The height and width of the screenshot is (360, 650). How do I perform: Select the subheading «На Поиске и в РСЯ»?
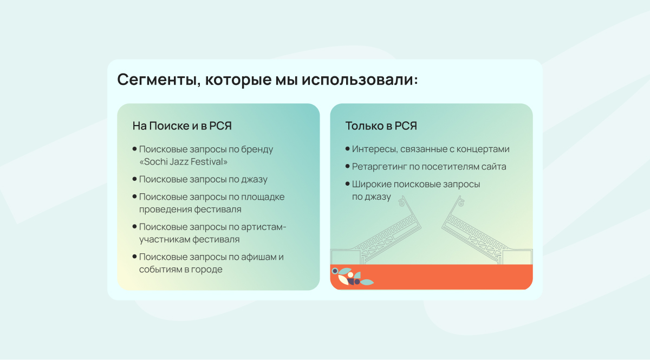click(x=182, y=126)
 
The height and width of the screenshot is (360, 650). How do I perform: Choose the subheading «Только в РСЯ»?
click(x=381, y=126)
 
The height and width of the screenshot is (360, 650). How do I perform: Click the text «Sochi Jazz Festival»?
click(x=184, y=161)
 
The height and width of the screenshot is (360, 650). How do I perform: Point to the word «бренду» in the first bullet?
click(x=257, y=149)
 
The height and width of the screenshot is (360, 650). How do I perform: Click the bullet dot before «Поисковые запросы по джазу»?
click(x=134, y=179)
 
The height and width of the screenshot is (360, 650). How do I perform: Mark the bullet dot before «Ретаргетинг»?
click(x=347, y=166)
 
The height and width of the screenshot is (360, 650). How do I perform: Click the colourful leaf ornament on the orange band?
click(x=352, y=277)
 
